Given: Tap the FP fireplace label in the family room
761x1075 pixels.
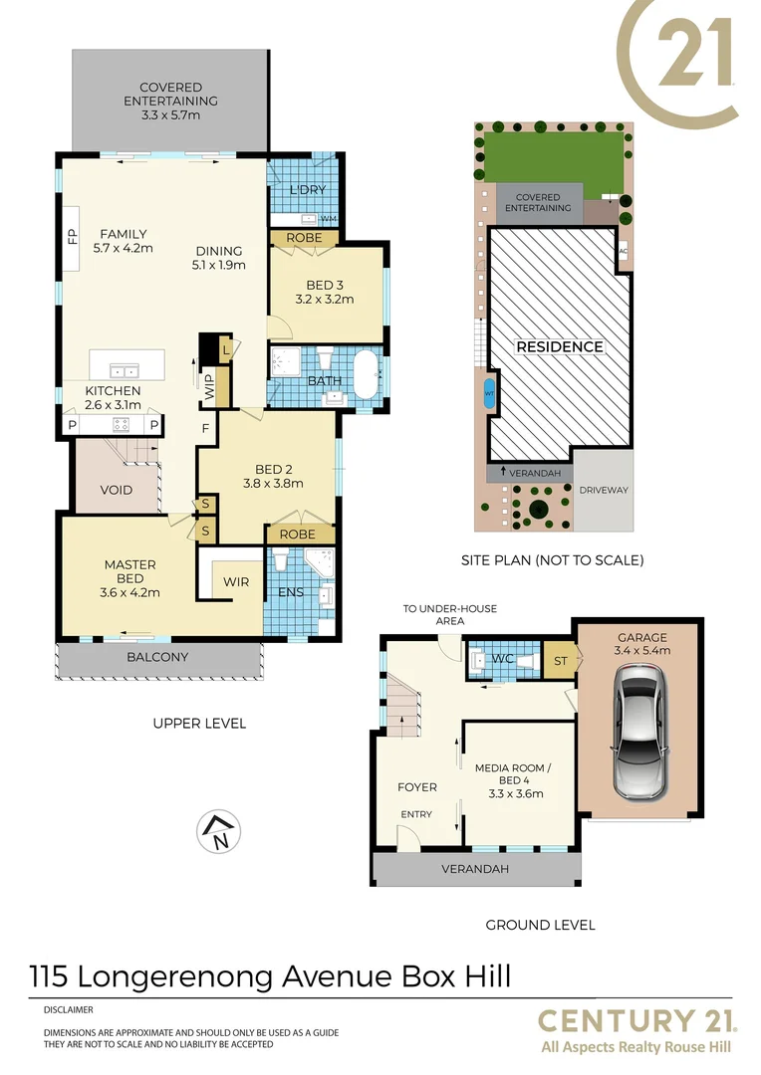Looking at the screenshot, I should pos(72,239).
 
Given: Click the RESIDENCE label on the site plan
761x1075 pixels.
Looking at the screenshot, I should pos(559,346).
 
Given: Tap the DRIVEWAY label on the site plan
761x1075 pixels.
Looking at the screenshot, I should pos(605,491).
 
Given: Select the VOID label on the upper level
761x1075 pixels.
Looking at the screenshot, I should pos(117,491).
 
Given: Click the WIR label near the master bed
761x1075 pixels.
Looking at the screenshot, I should pos(236,580).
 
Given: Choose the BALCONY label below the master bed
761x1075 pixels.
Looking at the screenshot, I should pos(157,658).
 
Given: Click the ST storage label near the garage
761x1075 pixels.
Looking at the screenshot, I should pos(559,661).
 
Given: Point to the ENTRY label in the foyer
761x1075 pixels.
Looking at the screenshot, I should pos(416,814).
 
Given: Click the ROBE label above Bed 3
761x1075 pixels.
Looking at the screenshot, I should pos(304,238).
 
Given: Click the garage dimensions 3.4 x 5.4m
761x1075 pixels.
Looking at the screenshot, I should pos(642,651).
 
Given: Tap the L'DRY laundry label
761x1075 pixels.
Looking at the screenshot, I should pos(308,190).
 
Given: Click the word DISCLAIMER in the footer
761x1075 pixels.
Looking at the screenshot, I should pos(68,1009).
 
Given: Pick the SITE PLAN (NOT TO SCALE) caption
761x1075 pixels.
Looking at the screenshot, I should pos(552,560).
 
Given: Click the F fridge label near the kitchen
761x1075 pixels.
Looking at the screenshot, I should pos(206,429).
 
